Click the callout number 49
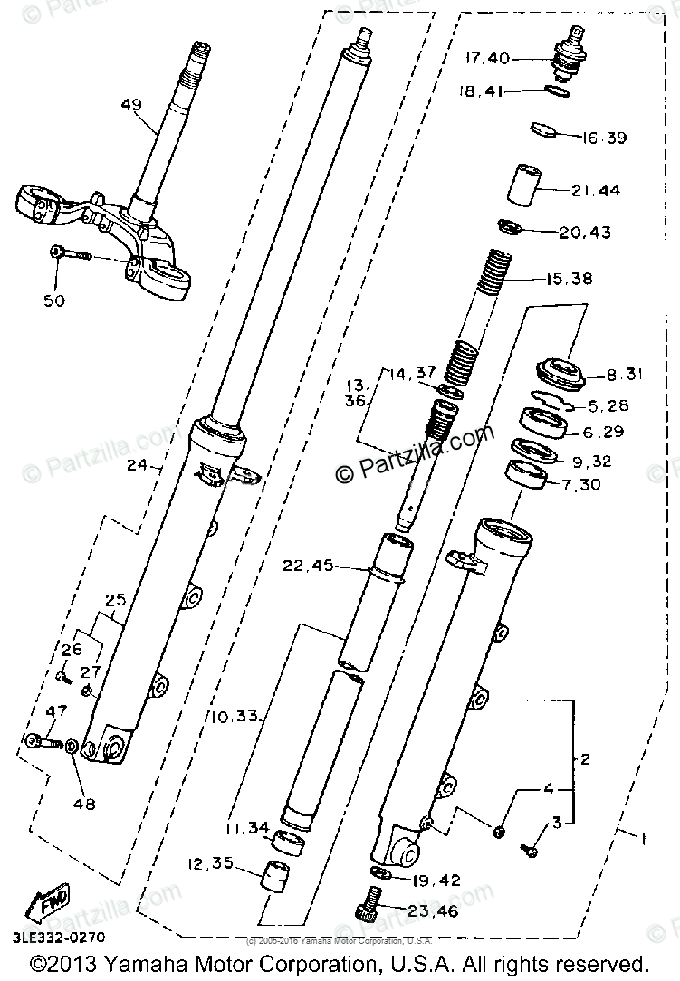coord(131,104)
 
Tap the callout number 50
coord(54,300)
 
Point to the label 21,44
coord(597,191)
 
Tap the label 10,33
coord(236,717)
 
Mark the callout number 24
coord(137,468)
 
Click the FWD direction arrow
coord(44,902)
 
